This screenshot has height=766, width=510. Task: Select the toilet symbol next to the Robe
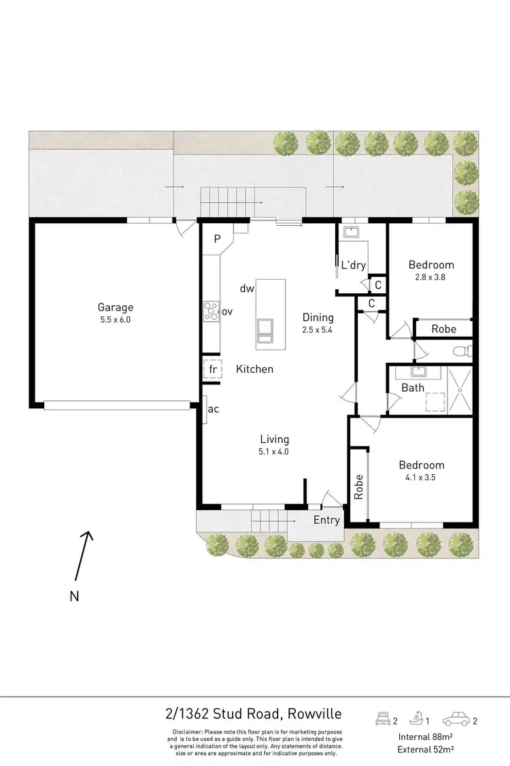(x=462, y=350)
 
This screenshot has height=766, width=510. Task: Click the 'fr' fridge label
(x=213, y=369)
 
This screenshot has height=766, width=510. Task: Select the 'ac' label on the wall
(x=213, y=409)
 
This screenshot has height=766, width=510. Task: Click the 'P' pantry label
(x=218, y=239)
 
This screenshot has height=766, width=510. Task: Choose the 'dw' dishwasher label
(x=247, y=288)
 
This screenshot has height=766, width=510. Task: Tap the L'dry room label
(x=354, y=265)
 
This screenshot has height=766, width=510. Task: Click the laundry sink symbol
(x=352, y=233)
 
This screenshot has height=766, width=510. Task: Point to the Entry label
(x=326, y=520)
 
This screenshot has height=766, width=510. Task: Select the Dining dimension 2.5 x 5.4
(x=318, y=329)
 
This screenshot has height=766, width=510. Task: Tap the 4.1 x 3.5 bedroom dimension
(x=421, y=477)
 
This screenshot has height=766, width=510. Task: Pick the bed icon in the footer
(x=385, y=718)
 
